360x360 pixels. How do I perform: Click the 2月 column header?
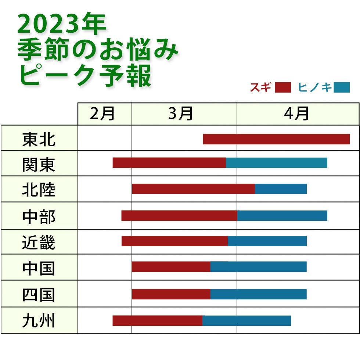(x=102, y=114)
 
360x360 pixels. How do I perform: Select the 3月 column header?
(x=181, y=114)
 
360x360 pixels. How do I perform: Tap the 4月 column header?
(x=296, y=114)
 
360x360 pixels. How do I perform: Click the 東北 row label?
(x=39, y=139)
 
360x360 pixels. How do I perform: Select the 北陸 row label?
(x=39, y=190)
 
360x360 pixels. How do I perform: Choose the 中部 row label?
(x=39, y=216)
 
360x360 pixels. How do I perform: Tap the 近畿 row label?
(x=39, y=242)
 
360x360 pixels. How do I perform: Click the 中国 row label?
(x=39, y=268)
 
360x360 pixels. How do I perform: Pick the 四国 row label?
(x=39, y=294)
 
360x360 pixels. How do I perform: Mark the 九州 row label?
(x=39, y=321)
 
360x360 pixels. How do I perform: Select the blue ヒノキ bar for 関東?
(x=277, y=163)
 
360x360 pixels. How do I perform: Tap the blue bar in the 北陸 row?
(x=281, y=189)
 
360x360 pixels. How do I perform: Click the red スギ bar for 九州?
(x=157, y=321)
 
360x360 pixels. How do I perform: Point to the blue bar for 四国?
(x=258, y=294)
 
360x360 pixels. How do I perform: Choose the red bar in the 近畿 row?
(x=174, y=241)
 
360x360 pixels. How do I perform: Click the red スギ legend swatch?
(x=283, y=87)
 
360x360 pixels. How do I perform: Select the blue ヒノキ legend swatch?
(x=342, y=87)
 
